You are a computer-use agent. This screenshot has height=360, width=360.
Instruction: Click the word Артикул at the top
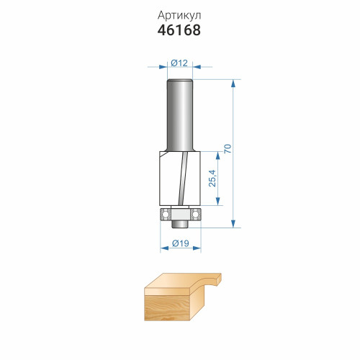pos(179,16)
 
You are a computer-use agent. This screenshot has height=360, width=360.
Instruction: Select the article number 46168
pos(179,30)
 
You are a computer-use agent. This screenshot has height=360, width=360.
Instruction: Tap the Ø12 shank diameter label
pos(179,63)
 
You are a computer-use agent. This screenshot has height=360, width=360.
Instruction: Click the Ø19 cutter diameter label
pos(181,243)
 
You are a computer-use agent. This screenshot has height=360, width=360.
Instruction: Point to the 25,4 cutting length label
pos(212,178)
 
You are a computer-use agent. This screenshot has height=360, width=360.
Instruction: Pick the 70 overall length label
pos(228,149)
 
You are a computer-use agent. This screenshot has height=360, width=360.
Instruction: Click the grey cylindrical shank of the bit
pos(180,115)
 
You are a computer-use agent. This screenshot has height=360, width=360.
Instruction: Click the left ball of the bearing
pos(165,214)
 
